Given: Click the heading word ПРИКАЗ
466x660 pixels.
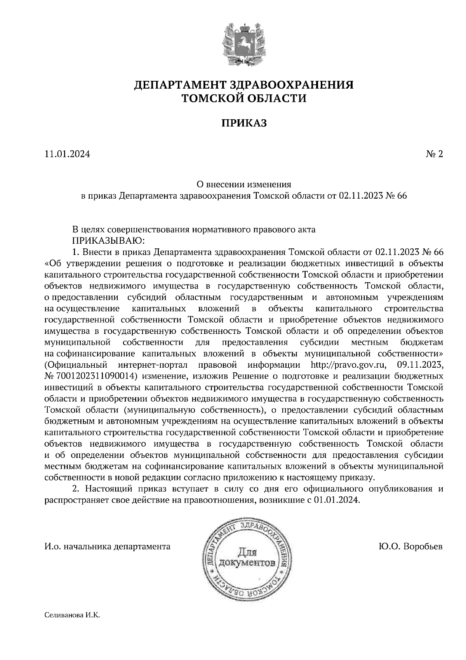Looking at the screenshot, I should point(244,123).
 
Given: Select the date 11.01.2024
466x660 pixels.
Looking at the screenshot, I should point(67,154).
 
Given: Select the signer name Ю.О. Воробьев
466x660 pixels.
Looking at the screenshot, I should point(410,547).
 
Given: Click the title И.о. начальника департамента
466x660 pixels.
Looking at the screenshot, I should point(108,547).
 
